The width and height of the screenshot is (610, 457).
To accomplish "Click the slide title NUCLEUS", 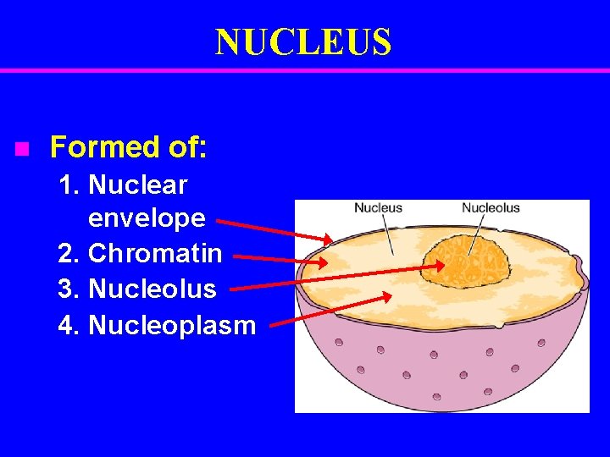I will tap(303, 42).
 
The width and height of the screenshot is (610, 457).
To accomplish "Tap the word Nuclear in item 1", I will tap(137, 184).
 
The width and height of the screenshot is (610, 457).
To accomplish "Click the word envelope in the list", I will tap(147, 218).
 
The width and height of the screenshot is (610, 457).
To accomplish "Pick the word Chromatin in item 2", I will tap(155, 253).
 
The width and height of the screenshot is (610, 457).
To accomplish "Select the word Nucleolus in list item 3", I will tap(152, 289).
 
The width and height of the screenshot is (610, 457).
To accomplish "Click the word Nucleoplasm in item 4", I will tap(172, 325).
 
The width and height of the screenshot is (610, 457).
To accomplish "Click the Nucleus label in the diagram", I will tap(378, 208).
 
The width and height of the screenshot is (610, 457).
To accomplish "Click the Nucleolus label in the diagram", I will tap(491, 208).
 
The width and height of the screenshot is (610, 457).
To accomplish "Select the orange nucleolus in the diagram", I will tap(468, 262).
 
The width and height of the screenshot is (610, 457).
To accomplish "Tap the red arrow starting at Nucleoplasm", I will tap(330, 309).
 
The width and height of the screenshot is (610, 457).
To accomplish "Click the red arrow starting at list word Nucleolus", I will tap(339, 278).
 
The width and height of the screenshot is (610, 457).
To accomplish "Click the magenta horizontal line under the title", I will tap(305, 70).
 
